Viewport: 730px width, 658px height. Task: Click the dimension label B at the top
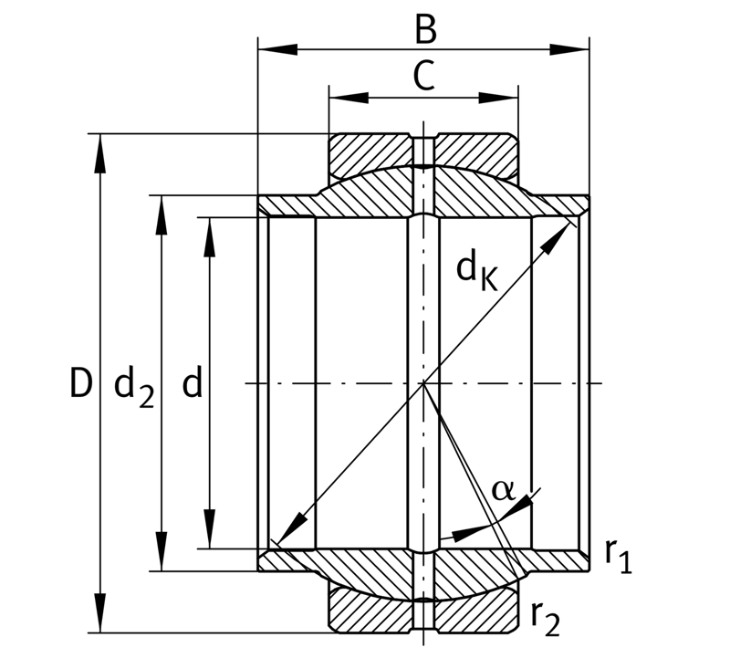coord(425,30)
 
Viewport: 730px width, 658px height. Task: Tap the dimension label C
coord(423,76)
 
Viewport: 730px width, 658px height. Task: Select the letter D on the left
coord(80,382)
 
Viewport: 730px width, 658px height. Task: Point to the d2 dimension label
coord(133,387)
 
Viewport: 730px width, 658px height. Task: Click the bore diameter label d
coord(192,381)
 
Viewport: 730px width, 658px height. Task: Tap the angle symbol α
coord(503,489)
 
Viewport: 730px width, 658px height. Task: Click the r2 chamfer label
coord(545,620)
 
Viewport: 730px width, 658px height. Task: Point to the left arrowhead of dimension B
coord(277,49)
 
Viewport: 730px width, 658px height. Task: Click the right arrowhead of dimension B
coord(569,49)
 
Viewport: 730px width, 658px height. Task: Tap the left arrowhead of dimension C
coord(349,98)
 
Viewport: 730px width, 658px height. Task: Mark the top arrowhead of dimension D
coord(100,153)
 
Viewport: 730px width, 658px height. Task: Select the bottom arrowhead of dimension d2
coord(162,552)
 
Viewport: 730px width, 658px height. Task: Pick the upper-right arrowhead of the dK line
coord(557,238)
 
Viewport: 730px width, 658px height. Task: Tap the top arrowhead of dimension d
coord(210,237)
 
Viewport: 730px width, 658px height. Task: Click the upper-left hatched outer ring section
coord(370,156)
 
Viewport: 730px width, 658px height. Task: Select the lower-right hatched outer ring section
coord(476,609)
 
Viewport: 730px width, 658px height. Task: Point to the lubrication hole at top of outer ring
coord(423,151)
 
